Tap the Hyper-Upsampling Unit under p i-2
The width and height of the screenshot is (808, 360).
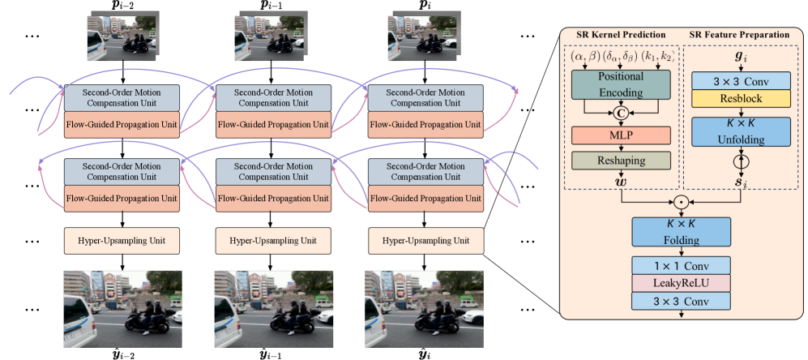click(121, 240)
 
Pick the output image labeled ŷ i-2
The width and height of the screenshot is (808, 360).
click(122, 307)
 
